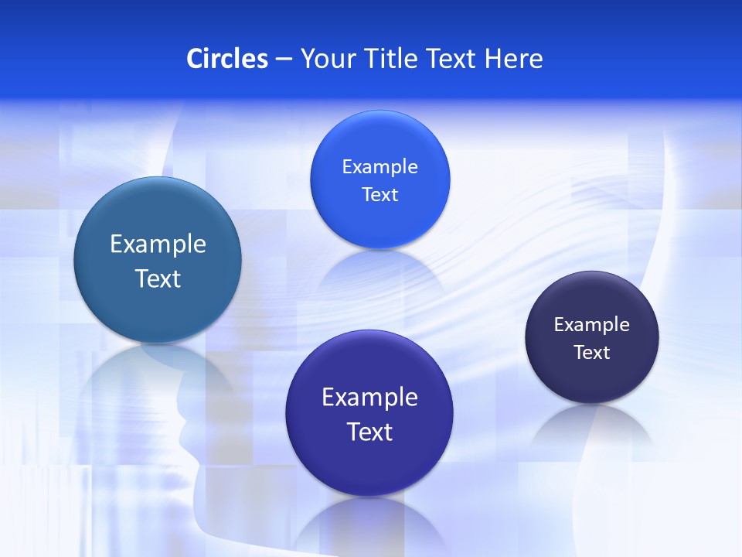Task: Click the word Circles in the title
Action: coord(226,59)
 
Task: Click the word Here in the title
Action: coord(514,59)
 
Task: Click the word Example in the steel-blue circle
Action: coord(158,244)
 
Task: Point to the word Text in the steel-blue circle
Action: coord(158,278)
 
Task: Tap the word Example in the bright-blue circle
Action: coord(380,167)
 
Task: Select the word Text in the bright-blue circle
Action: coord(380,195)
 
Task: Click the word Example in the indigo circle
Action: coord(369,398)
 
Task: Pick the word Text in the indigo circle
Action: coord(369,432)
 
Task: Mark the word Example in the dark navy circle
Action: coord(592,325)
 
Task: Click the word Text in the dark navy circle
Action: coord(592,353)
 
